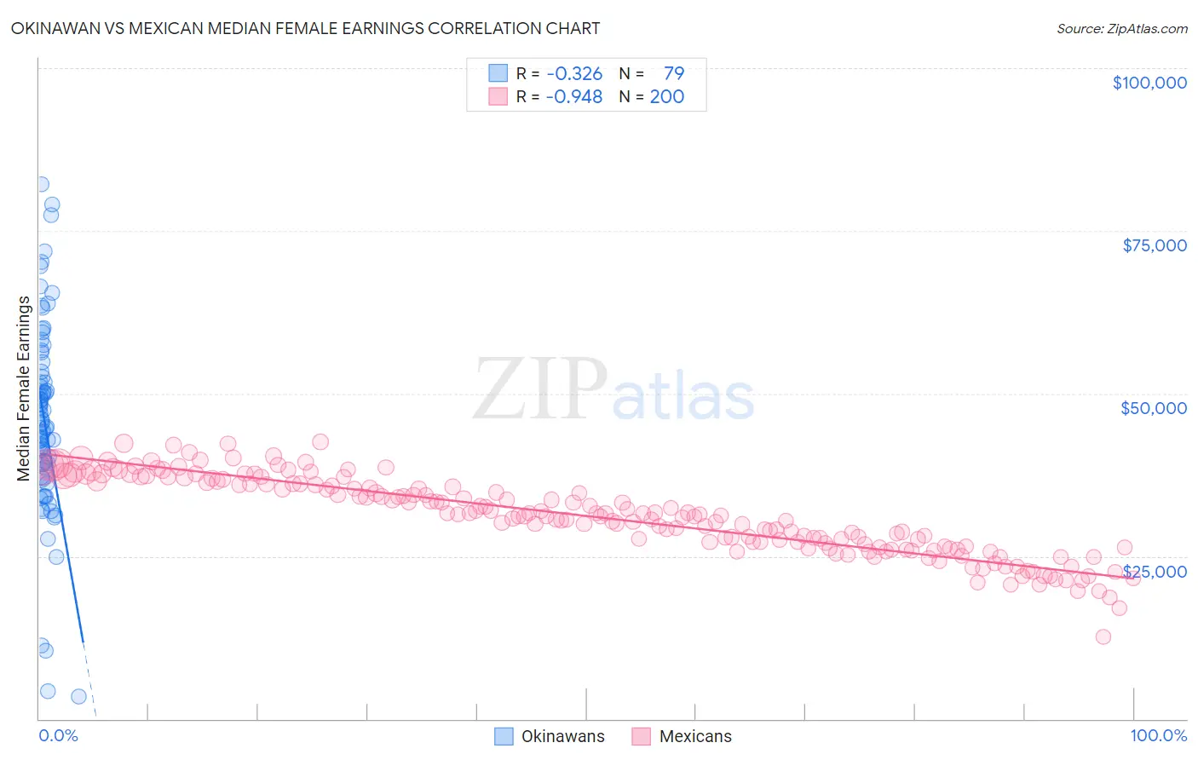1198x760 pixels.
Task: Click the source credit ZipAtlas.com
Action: point(1121,28)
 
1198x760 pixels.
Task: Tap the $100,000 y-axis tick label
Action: point(1149,83)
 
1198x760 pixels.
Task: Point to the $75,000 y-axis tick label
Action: point(1154,245)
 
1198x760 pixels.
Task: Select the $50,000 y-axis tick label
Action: point(1153,408)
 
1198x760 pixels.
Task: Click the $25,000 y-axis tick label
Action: point(1155,571)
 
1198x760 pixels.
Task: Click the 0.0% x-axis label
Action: point(58,735)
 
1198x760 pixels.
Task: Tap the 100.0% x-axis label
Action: point(1158,735)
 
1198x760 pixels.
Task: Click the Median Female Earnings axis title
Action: point(24,389)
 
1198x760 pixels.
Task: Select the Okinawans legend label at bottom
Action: point(562,736)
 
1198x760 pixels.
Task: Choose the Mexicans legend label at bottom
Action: point(695,736)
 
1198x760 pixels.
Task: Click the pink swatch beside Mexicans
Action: point(641,736)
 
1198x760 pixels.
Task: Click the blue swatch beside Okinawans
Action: point(504,736)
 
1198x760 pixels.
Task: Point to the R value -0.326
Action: point(574,73)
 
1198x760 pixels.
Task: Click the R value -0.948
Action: point(574,96)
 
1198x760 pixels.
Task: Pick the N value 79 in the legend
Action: point(673,73)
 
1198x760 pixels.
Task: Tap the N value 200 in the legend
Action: point(666,96)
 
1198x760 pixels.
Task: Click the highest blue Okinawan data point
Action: point(41,184)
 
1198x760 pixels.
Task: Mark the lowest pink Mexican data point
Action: point(1103,636)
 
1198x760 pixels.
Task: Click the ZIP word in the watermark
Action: point(539,389)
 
